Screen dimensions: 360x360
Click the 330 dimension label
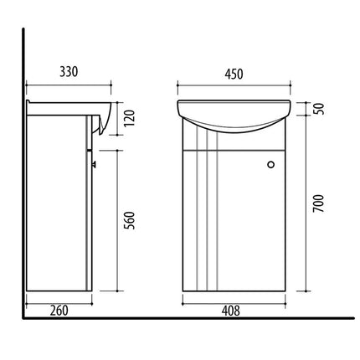pyautogui.click(x=69, y=72)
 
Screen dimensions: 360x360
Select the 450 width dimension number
pyautogui.click(x=234, y=74)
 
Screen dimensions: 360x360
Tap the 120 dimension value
pyautogui.click(x=129, y=118)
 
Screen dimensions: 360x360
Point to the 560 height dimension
pyautogui.click(x=129, y=220)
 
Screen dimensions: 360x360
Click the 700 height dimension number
pyautogui.click(x=318, y=203)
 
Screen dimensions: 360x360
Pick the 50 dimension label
pyautogui.click(x=318, y=109)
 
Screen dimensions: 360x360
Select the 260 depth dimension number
pyautogui.click(x=59, y=311)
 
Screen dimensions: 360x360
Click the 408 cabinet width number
pyautogui.click(x=230, y=311)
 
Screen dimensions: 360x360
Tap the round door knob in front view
pyautogui.click(x=270, y=164)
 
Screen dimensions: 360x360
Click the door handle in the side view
pyautogui.click(x=94, y=164)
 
